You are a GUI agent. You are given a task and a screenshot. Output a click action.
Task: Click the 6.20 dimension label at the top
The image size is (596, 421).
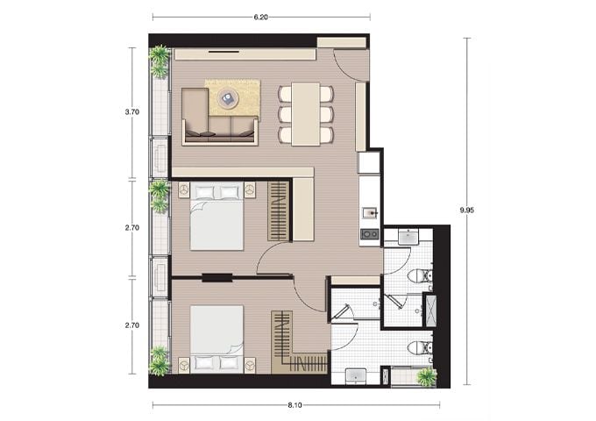tap(261, 18)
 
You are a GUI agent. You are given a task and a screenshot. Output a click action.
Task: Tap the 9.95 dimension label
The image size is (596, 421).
tap(467, 210)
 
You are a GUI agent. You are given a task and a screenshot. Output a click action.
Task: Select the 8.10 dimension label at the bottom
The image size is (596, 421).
tap(295, 405)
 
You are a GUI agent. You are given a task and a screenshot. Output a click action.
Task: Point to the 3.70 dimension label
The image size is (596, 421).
tap(132, 112)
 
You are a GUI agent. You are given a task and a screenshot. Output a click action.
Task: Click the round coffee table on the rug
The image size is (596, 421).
tap(228, 98)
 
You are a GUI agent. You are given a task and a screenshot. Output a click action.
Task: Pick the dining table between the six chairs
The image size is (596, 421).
tap(306, 114)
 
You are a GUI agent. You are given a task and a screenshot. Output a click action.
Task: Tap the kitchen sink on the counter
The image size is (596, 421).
tap(370, 213)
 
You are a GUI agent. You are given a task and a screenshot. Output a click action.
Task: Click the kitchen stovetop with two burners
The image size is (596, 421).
tap(370, 234)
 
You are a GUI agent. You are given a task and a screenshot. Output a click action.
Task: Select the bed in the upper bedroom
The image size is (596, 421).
tap(216, 216)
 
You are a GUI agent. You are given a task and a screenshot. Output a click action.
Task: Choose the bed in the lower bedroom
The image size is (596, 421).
tap(216, 339)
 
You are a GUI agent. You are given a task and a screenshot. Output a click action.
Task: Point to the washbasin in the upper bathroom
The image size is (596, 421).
tap(408, 238)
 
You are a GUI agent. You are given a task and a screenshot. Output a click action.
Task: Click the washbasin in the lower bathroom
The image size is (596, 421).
tap(356, 375)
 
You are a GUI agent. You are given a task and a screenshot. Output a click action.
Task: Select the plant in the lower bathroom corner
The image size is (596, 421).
tap(426, 376)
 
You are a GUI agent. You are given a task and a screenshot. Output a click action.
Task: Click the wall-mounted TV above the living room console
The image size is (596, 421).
tap(223, 52)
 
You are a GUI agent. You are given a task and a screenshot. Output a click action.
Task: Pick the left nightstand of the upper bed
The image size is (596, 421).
tap(184, 189)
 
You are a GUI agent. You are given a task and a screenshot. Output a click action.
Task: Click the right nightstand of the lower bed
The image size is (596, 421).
tap(249, 364)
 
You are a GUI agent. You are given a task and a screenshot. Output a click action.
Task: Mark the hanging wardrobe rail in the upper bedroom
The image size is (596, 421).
tap(279, 211)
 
